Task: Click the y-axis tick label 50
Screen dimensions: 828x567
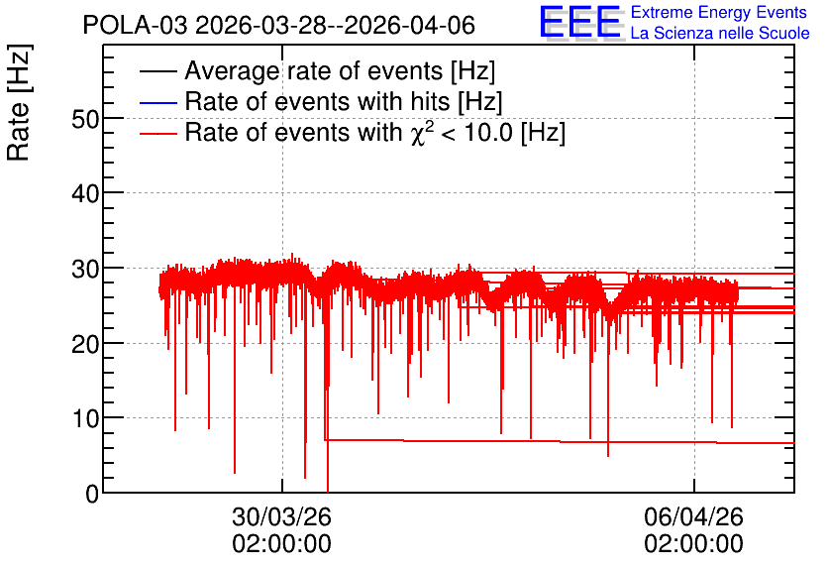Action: (x=85, y=119)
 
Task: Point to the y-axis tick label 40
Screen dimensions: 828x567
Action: (x=85, y=194)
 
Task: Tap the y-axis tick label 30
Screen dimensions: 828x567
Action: (x=85, y=269)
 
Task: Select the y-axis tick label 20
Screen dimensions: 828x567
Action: (x=85, y=344)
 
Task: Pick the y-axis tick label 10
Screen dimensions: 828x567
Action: (x=85, y=419)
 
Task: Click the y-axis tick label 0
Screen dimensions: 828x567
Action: (x=92, y=494)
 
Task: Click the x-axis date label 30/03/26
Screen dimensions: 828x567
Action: (x=281, y=516)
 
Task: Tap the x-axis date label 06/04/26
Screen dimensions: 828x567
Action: (x=693, y=516)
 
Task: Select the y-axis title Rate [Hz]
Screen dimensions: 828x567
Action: (x=19, y=102)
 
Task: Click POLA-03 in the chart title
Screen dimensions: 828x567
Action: (x=135, y=26)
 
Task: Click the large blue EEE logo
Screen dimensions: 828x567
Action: (x=580, y=22)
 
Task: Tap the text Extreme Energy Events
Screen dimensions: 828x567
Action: (x=719, y=12)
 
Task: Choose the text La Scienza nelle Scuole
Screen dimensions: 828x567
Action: (x=720, y=34)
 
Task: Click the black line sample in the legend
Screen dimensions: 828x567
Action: (x=158, y=71)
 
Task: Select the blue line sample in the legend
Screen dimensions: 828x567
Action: (x=158, y=102)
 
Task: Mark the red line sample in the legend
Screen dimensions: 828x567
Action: (x=158, y=133)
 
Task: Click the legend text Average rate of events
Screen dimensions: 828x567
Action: (x=314, y=70)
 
